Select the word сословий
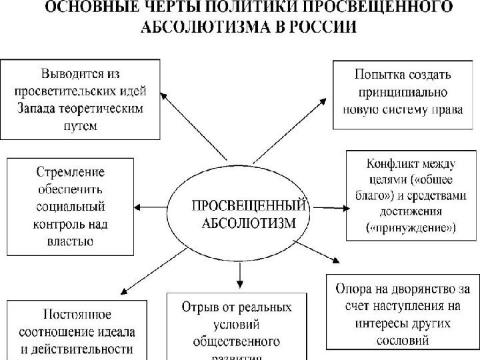(x=401, y=340)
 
